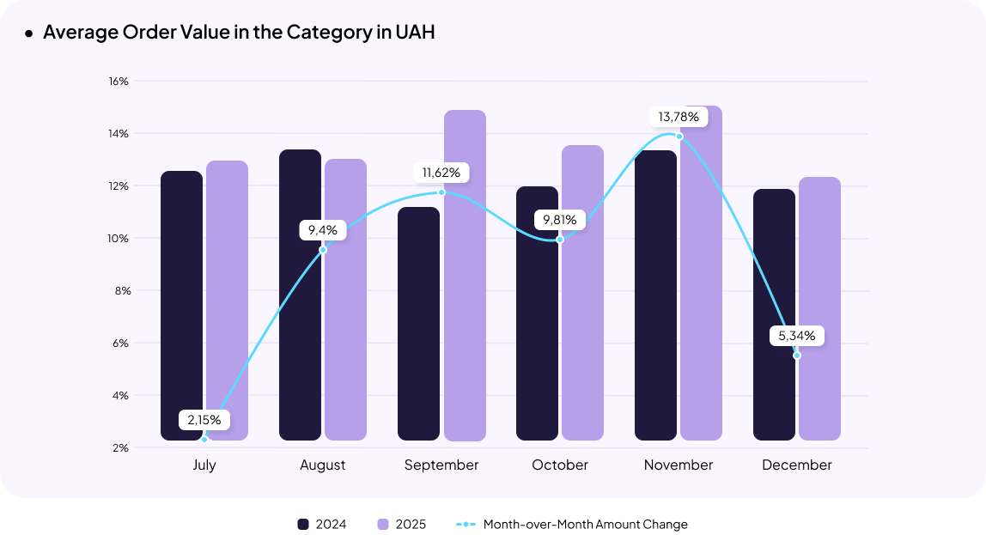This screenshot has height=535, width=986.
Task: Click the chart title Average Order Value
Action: tap(239, 33)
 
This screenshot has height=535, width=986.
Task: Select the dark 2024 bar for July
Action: tap(182, 305)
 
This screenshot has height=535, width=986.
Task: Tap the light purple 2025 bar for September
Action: tap(465, 275)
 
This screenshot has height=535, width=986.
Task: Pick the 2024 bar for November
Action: tap(656, 295)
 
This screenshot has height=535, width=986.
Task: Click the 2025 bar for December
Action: tap(819, 308)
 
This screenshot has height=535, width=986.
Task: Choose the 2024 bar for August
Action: tap(301, 295)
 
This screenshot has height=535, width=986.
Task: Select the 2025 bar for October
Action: tap(582, 292)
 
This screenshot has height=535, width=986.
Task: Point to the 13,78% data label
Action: tap(679, 116)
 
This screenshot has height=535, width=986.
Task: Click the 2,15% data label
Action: tap(204, 420)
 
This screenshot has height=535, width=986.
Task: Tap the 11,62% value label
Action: tap(441, 173)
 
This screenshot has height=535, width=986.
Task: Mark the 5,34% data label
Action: tap(797, 336)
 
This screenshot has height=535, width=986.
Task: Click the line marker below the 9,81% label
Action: tap(560, 240)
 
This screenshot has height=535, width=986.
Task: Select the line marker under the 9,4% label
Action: tap(323, 250)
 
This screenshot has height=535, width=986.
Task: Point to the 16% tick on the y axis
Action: tap(119, 82)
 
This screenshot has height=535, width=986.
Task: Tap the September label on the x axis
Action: tap(441, 465)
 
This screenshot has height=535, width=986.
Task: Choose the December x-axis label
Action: tap(797, 465)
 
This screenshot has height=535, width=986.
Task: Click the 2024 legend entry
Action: tap(322, 524)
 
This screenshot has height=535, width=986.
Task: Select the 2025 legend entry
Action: tap(401, 524)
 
